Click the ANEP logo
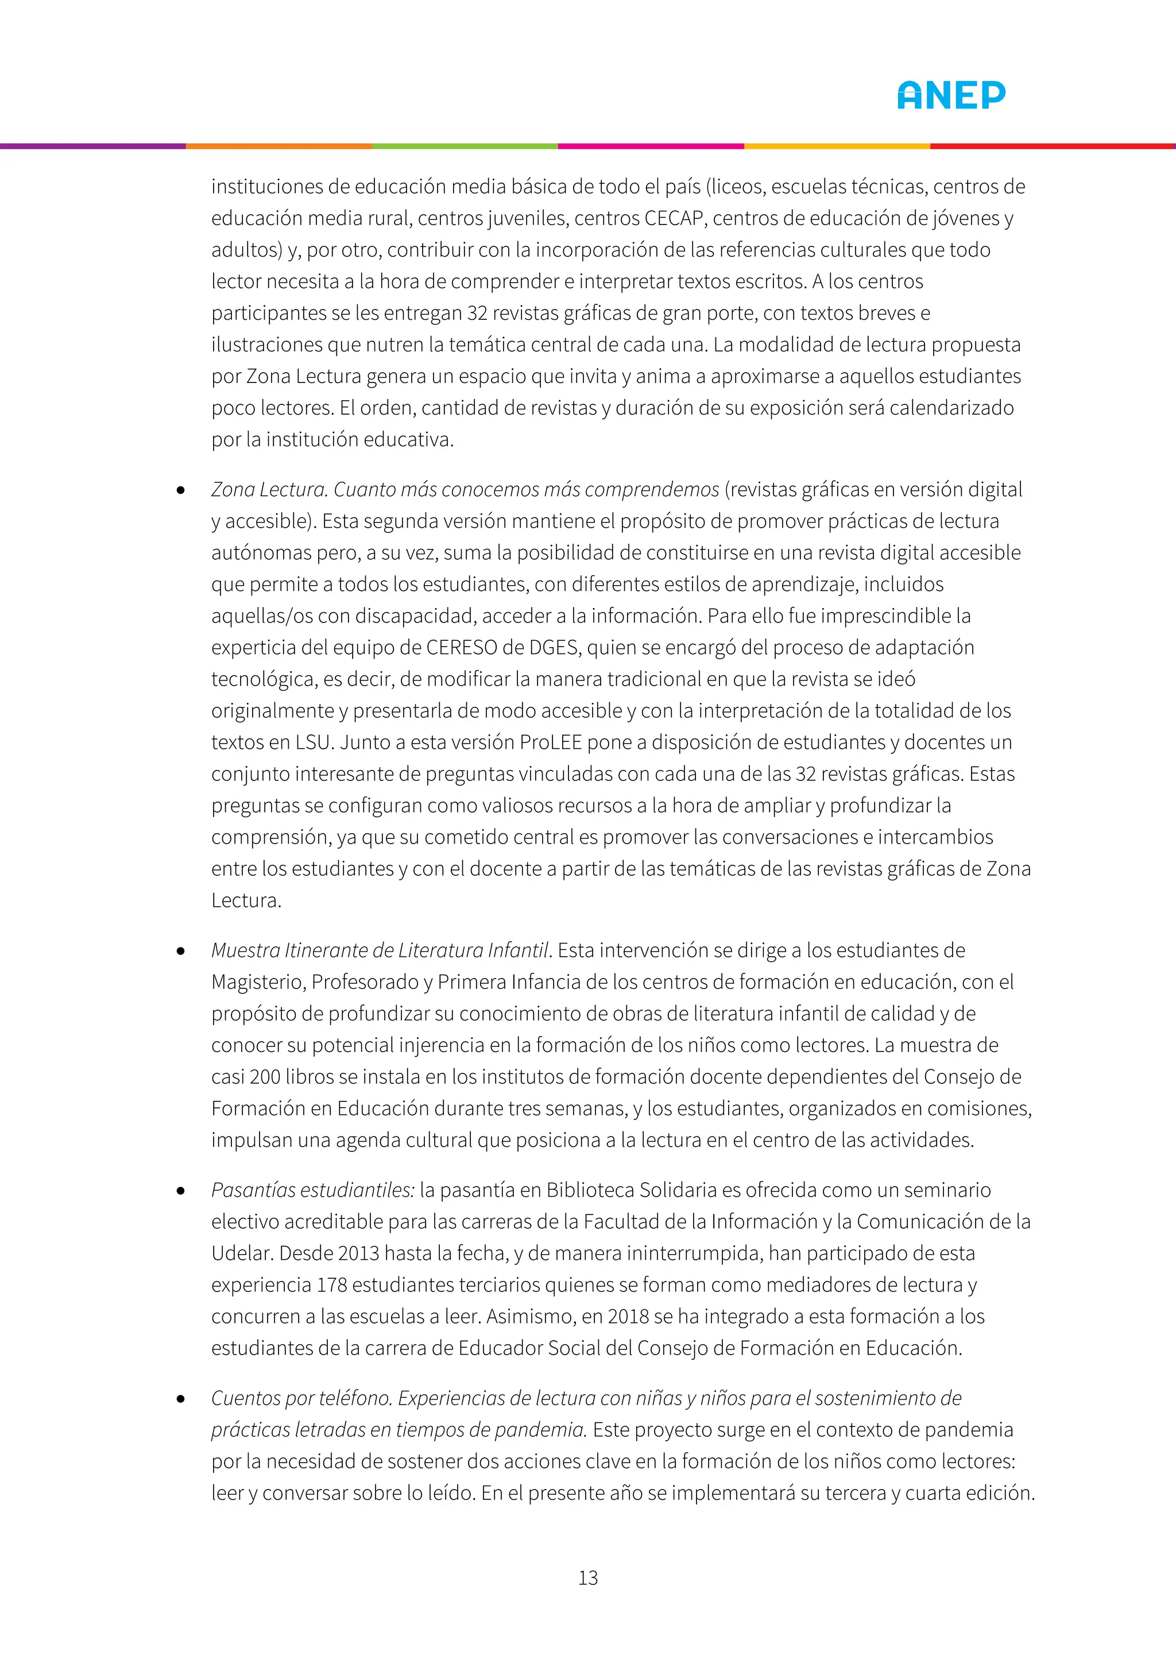click(x=951, y=95)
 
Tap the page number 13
click(x=588, y=1577)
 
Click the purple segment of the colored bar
click(x=92, y=146)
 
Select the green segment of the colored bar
click(x=465, y=146)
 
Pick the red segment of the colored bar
click(x=1052, y=146)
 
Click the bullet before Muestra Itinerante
click(x=181, y=951)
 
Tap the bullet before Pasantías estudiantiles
click(x=181, y=1191)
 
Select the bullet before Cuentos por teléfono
click(x=181, y=1399)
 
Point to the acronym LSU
click(x=313, y=742)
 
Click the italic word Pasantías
click(x=253, y=1191)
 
